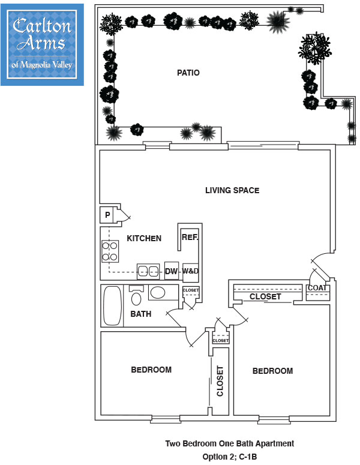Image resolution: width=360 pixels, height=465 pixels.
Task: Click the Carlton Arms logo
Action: click(43, 44)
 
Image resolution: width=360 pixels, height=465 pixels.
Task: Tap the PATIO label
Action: click(188, 73)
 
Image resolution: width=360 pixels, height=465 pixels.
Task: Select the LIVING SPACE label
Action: click(232, 191)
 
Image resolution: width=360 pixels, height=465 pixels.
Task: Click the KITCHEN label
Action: click(144, 238)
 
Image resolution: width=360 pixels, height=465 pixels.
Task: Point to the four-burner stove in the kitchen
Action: click(109, 251)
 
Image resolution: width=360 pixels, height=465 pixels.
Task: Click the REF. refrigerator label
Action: click(190, 238)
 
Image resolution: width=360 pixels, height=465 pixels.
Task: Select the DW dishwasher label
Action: click(172, 271)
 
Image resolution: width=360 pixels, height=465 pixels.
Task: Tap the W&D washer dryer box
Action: click(190, 271)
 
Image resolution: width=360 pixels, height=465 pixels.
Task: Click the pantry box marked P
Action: click(107, 215)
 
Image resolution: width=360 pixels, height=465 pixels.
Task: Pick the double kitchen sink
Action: click(149, 271)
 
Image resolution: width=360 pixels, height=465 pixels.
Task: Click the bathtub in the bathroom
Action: click(112, 305)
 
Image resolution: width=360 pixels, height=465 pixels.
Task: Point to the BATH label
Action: click(140, 314)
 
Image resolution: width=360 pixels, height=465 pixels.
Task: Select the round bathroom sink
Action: click(158, 293)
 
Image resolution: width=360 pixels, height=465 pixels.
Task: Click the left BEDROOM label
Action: click(151, 370)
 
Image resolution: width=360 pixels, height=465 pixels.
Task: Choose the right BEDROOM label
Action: click(272, 371)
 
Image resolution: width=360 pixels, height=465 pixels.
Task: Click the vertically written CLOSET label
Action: click(220, 381)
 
